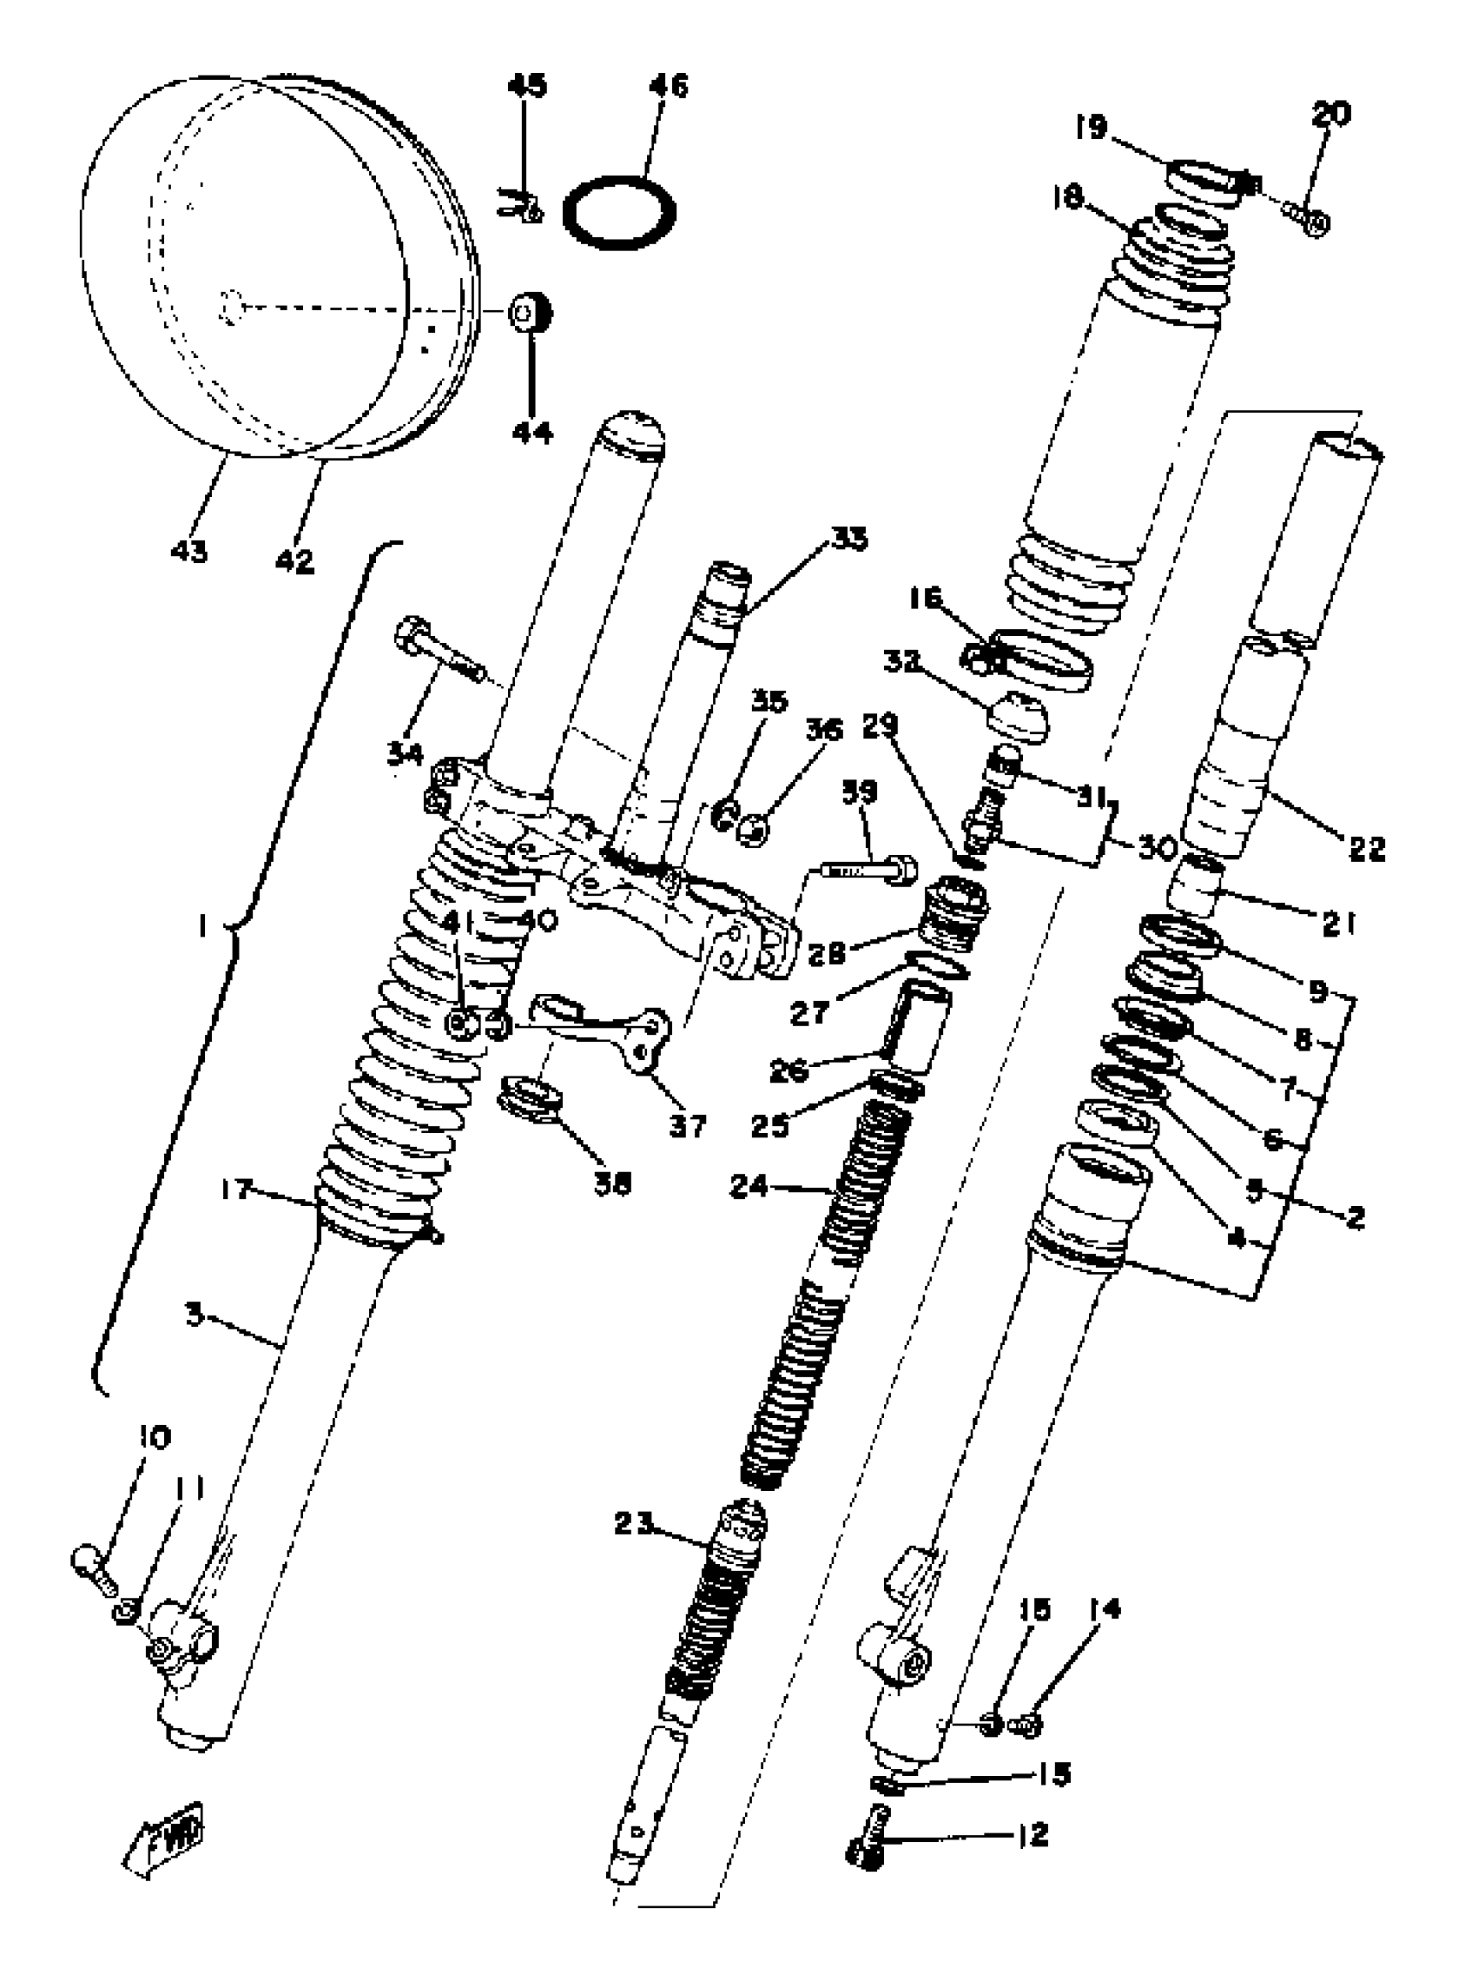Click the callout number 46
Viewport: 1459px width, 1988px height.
click(x=669, y=86)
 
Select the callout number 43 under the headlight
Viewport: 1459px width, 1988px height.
click(x=188, y=552)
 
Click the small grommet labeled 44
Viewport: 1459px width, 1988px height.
click(x=529, y=313)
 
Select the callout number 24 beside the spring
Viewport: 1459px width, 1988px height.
click(x=753, y=1188)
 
